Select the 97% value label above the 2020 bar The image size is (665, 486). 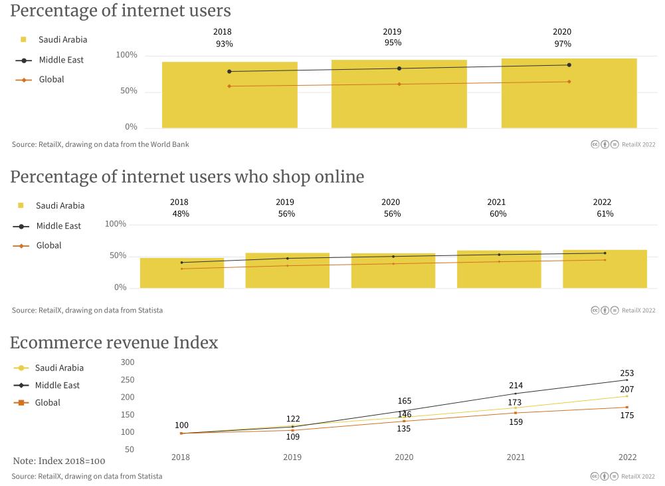point(563,44)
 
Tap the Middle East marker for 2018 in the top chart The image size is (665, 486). point(229,71)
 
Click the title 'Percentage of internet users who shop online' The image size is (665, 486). point(187,177)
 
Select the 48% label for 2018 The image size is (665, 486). point(181,214)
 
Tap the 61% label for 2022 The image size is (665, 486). point(605,214)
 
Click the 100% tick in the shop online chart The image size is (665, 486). point(116,224)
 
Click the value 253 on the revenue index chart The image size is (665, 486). point(626,374)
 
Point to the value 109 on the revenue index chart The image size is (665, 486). point(292,437)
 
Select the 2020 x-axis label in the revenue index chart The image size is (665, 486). point(404,457)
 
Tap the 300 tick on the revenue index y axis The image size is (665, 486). point(128,362)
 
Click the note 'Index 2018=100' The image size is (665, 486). point(59,461)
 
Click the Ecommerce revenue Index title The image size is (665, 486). point(114,343)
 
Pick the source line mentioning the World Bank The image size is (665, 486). point(100,144)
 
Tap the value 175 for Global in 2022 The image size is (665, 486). point(626,416)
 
